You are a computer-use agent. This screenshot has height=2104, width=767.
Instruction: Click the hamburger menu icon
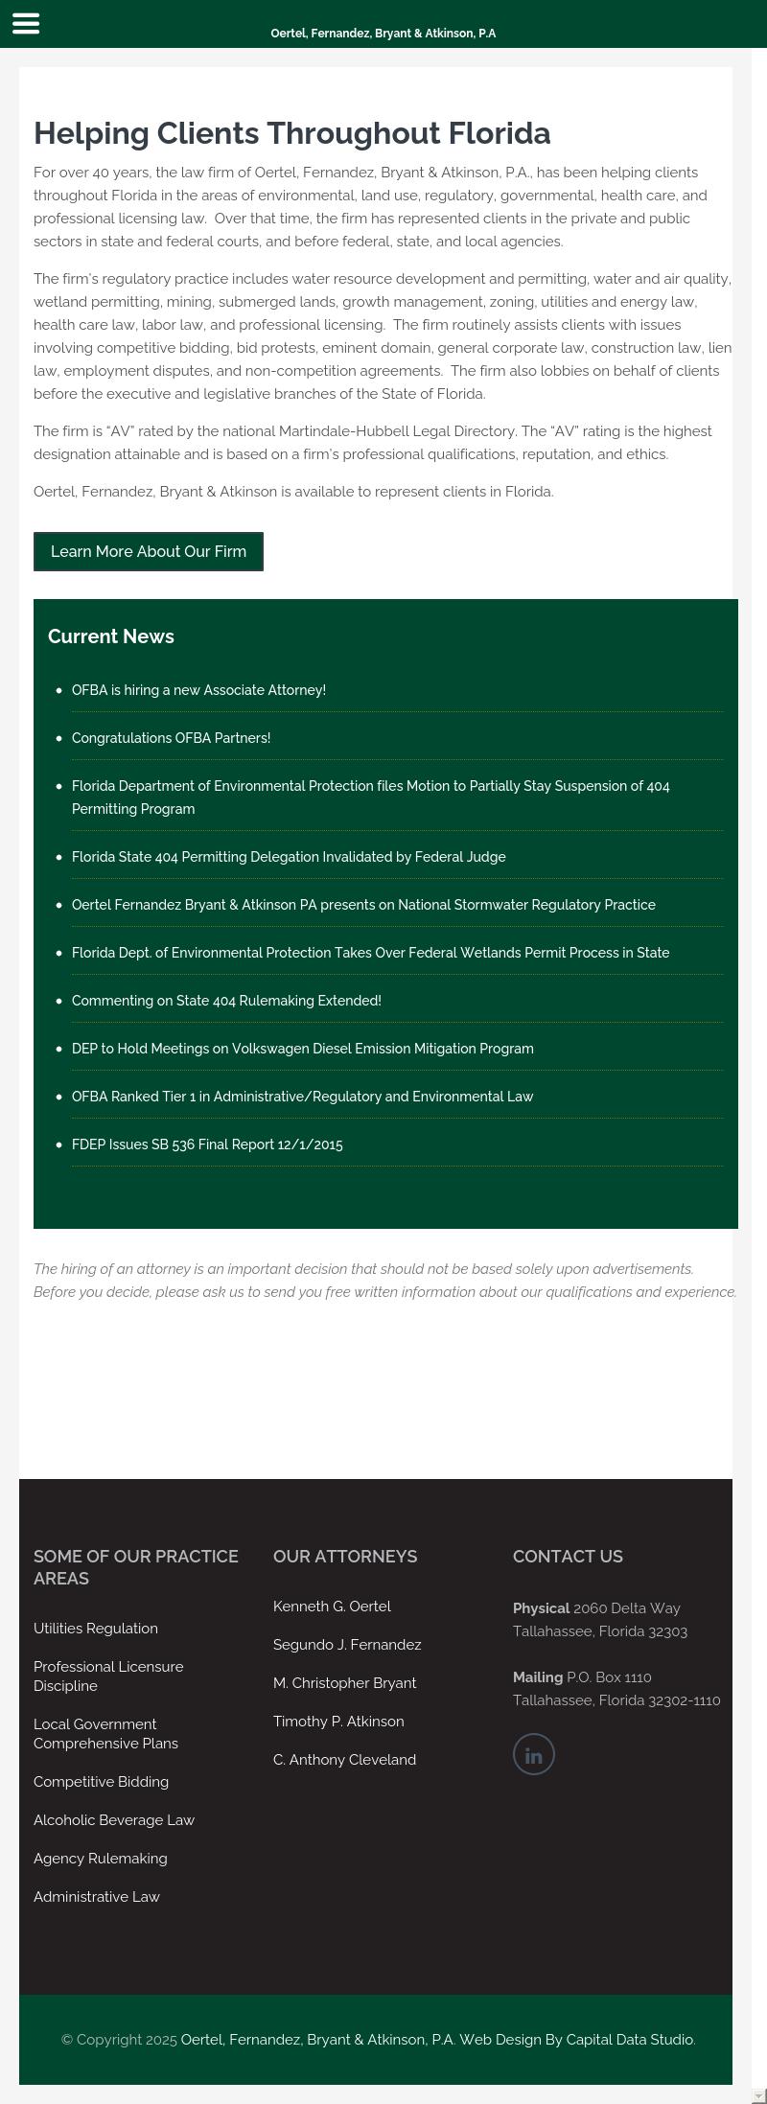(x=26, y=24)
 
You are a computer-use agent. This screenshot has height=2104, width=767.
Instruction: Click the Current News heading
(x=111, y=636)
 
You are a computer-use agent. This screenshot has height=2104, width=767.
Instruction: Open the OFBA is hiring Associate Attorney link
(x=198, y=690)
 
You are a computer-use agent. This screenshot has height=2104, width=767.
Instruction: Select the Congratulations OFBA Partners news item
(x=171, y=738)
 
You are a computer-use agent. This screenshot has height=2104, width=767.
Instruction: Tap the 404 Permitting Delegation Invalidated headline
(x=289, y=857)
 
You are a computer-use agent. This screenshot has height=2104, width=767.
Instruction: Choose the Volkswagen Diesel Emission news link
(x=302, y=1049)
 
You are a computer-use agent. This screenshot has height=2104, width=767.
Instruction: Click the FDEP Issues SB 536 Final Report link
(x=207, y=1144)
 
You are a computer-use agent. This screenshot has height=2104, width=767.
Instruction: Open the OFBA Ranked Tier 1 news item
(x=302, y=1097)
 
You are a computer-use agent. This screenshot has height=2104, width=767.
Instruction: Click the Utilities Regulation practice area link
(x=96, y=1629)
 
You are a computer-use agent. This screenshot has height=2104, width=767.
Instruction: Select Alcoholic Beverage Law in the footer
(x=114, y=1820)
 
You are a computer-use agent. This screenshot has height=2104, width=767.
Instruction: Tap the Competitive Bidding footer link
(x=101, y=1782)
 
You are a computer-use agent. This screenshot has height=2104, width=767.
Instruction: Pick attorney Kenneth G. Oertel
(x=332, y=1607)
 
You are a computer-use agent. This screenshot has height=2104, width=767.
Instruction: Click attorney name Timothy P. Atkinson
(x=338, y=1722)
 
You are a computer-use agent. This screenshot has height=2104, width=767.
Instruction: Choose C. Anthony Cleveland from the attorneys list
(x=344, y=1760)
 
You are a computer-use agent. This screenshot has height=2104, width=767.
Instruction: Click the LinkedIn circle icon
(x=534, y=1754)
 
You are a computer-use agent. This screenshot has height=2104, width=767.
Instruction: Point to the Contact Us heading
(x=568, y=1557)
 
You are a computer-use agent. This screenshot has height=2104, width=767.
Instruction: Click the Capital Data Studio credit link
(x=629, y=2040)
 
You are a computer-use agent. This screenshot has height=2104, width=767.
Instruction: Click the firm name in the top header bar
(x=383, y=34)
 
